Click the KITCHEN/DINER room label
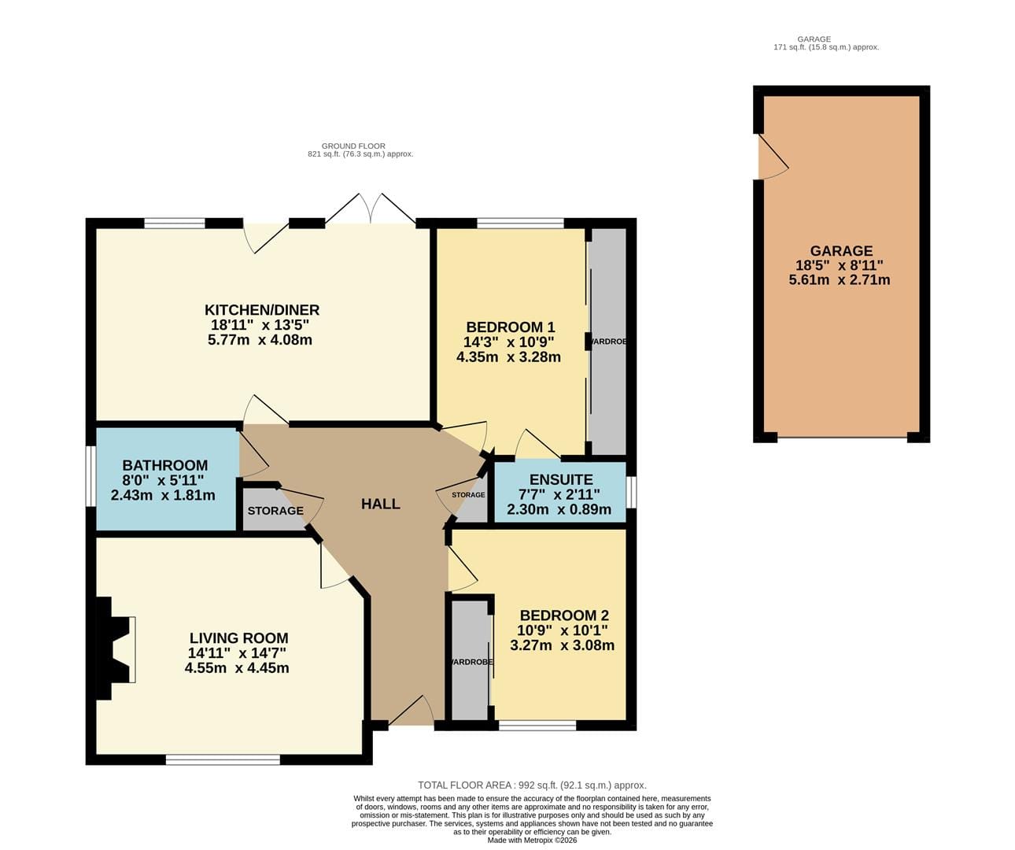261,310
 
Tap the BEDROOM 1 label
511,327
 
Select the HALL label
381,504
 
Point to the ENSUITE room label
561,479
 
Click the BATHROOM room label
165,465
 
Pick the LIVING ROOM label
238,638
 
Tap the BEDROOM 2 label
564,615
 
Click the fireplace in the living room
115,649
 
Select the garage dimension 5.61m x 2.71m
840,280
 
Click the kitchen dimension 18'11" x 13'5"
260,324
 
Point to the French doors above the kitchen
371,209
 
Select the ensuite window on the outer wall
631,493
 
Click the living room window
223,759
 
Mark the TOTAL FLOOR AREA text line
532,785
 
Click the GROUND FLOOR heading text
353,146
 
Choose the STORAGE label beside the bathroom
275,511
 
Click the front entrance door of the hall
412,713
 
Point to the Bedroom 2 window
537,726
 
